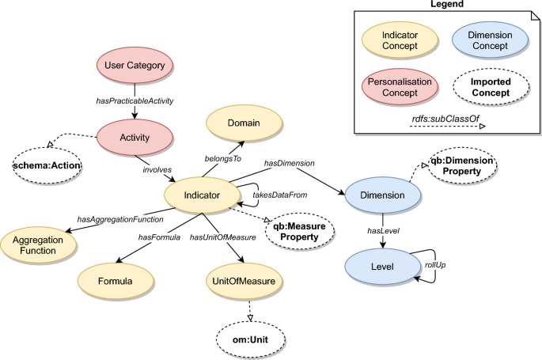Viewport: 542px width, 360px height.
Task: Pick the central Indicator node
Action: point(202,192)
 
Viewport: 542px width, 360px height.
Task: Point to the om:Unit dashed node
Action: point(250,342)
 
